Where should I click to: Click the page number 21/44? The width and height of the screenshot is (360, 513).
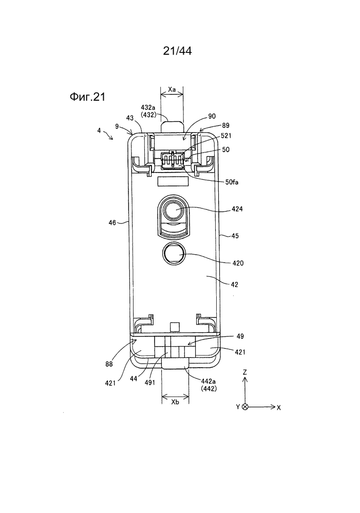click(177, 51)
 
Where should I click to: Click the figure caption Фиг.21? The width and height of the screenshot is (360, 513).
click(87, 97)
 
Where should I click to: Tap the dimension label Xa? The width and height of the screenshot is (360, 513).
click(172, 89)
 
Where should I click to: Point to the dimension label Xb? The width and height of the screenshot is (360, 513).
click(175, 402)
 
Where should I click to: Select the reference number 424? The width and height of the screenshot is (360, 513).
click(237, 208)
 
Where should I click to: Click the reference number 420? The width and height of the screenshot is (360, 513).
click(238, 263)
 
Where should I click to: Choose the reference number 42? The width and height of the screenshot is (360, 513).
click(235, 284)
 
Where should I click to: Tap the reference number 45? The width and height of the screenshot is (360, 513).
click(235, 236)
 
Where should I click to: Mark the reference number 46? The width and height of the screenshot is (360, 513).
click(112, 222)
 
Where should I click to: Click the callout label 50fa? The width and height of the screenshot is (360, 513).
click(232, 182)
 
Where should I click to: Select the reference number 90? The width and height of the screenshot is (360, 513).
click(212, 116)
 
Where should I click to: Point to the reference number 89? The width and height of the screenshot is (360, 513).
click(225, 125)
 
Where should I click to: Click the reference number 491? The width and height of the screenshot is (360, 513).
click(150, 382)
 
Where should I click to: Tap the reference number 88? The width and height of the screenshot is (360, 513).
click(109, 364)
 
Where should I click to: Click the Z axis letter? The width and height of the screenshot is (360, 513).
click(245, 372)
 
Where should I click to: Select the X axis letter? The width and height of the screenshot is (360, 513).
click(279, 408)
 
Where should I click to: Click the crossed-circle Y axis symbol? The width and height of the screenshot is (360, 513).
click(245, 407)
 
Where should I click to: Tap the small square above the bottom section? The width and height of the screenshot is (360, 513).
click(175, 326)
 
